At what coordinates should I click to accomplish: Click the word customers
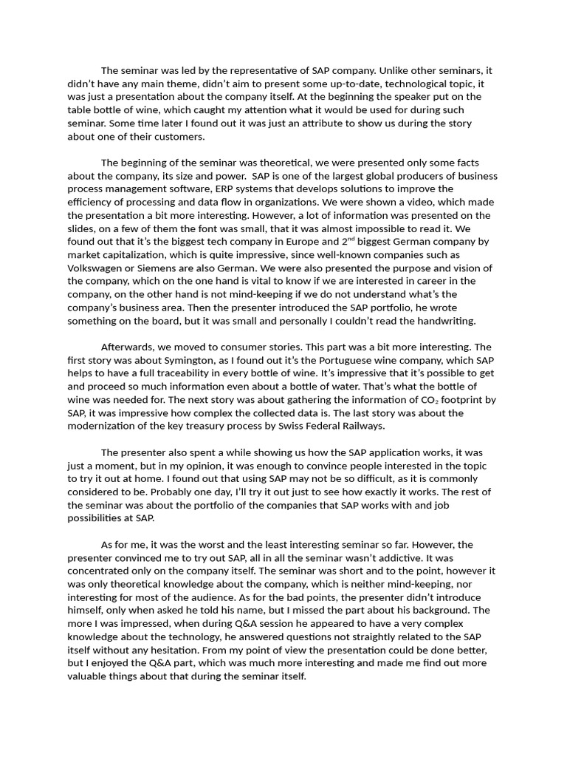coord(179,137)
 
